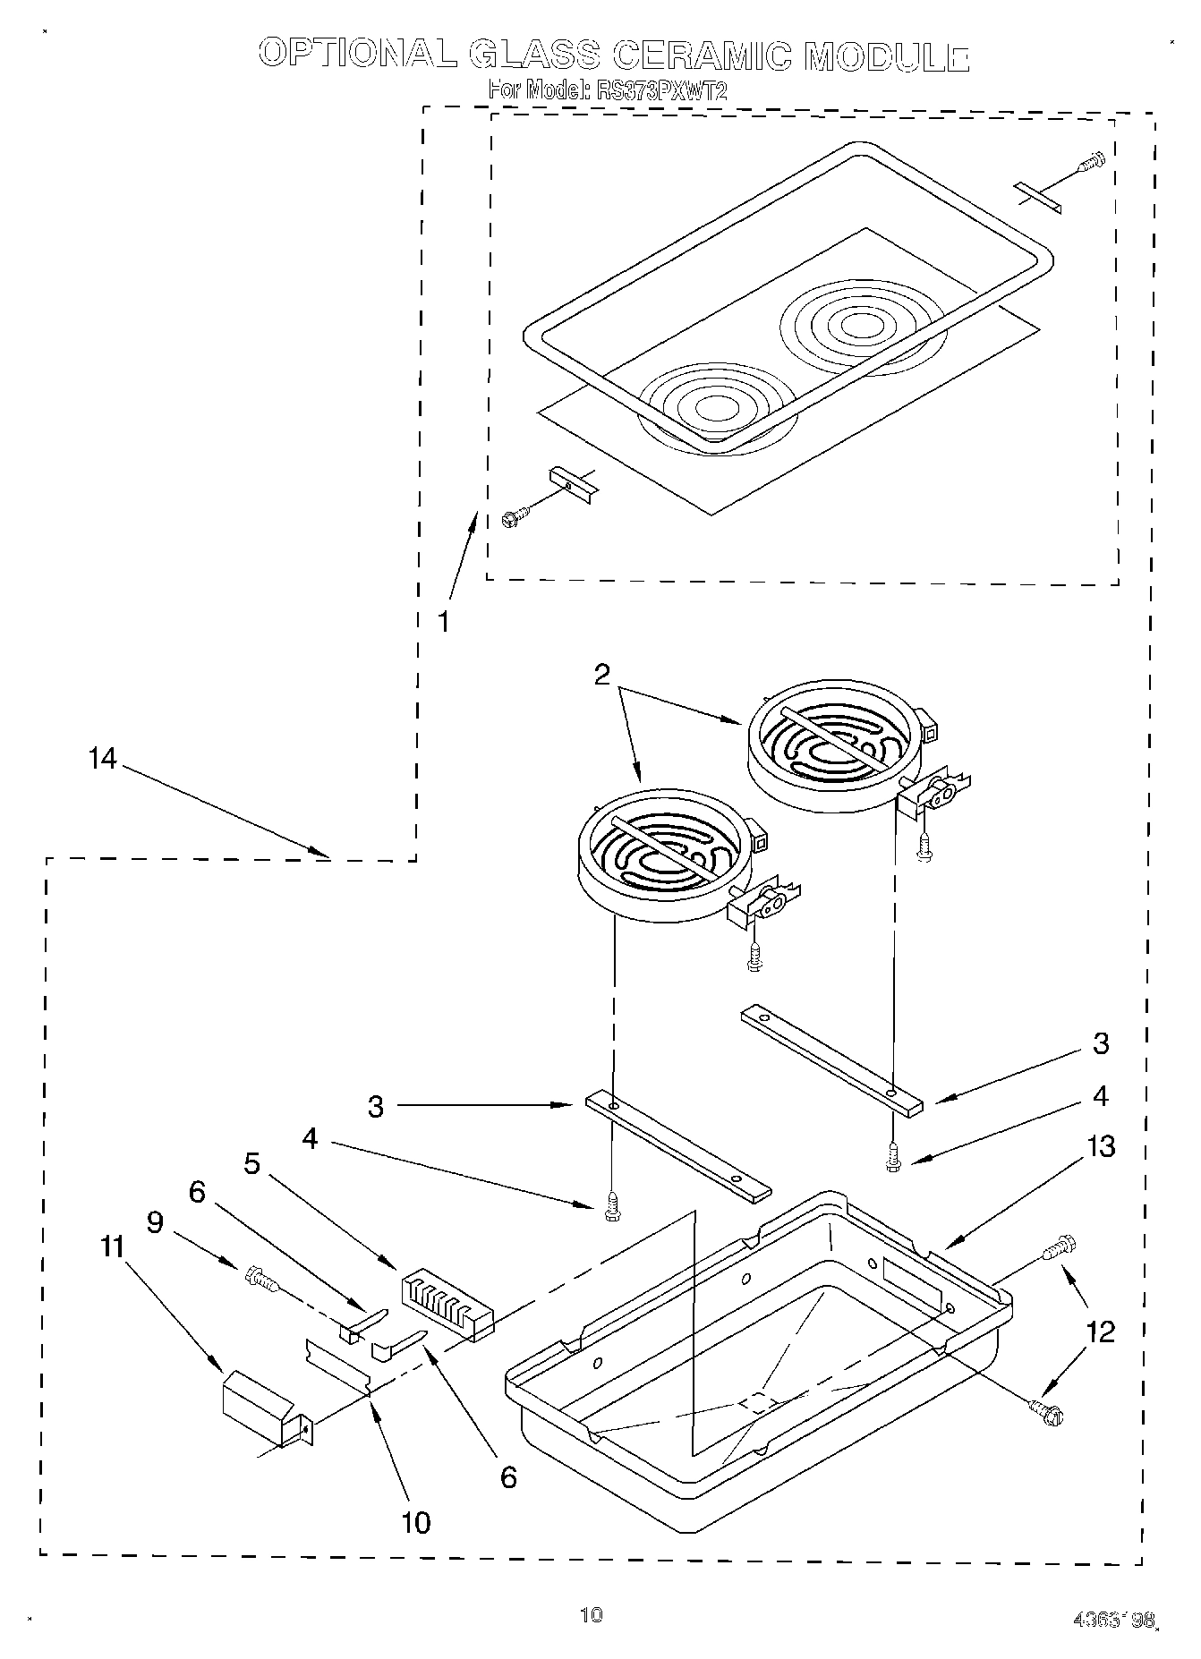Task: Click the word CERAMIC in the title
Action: pyautogui.click(x=703, y=55)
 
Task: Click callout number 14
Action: pyautogui.click(x=102, y=759)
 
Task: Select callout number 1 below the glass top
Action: pyautogui.click(x=445, y=621)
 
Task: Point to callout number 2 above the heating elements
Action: pyautogui.click(x=602, y=675)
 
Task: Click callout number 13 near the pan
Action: pyautogui.click(x=1101, y=1146)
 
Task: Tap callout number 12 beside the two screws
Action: pyautogui.click(x=1101, y=1331)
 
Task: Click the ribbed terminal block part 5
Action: pyautogui.click(x=446, y=1304)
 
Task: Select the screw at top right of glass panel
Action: pyautogui.click(x=1092, y=163)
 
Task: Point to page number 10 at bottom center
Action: pyautogui.click(x=592, y=1614)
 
